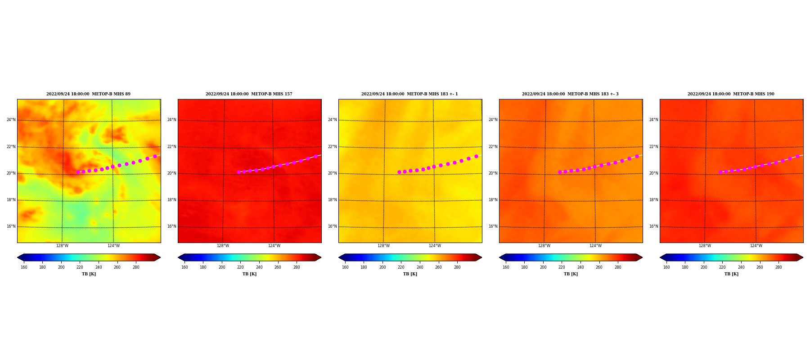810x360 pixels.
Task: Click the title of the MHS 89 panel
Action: (x=88, y=94)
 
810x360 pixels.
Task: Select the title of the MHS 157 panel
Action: (x=249, y=94)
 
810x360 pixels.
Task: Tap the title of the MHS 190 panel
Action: (x=731, y=94)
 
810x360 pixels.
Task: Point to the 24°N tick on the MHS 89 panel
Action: (x=11, y=120)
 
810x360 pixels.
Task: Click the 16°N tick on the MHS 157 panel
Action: (x=171, y=226)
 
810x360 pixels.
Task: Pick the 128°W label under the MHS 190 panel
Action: (x=705, y=246)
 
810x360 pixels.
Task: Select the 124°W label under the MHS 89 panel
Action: (x=113, y=246)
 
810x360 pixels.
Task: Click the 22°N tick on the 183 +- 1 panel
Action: (x=332, y=147)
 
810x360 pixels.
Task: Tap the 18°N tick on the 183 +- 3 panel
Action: (x=493, y=200)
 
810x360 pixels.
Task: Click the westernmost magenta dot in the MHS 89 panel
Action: (x=78, y=172)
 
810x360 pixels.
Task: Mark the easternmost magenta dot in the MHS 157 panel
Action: (x=315, y=156)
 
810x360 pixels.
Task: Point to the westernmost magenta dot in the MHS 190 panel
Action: (x=720, y=172)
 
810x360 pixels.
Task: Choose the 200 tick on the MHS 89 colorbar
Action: (x=61, y=267)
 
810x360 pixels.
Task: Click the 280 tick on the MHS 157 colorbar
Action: (x=297, y=267)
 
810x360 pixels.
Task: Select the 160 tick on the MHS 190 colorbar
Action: (x=666, y=267)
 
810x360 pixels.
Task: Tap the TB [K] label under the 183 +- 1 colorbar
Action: (x=410, y=274)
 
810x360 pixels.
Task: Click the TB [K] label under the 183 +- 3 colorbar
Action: (x=571, y=274)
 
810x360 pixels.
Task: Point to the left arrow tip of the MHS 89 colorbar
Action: (x=18, y=257)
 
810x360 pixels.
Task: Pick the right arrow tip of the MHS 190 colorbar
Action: (x=803, y=257)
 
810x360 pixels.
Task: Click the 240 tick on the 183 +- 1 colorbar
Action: (x=420, y=267)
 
